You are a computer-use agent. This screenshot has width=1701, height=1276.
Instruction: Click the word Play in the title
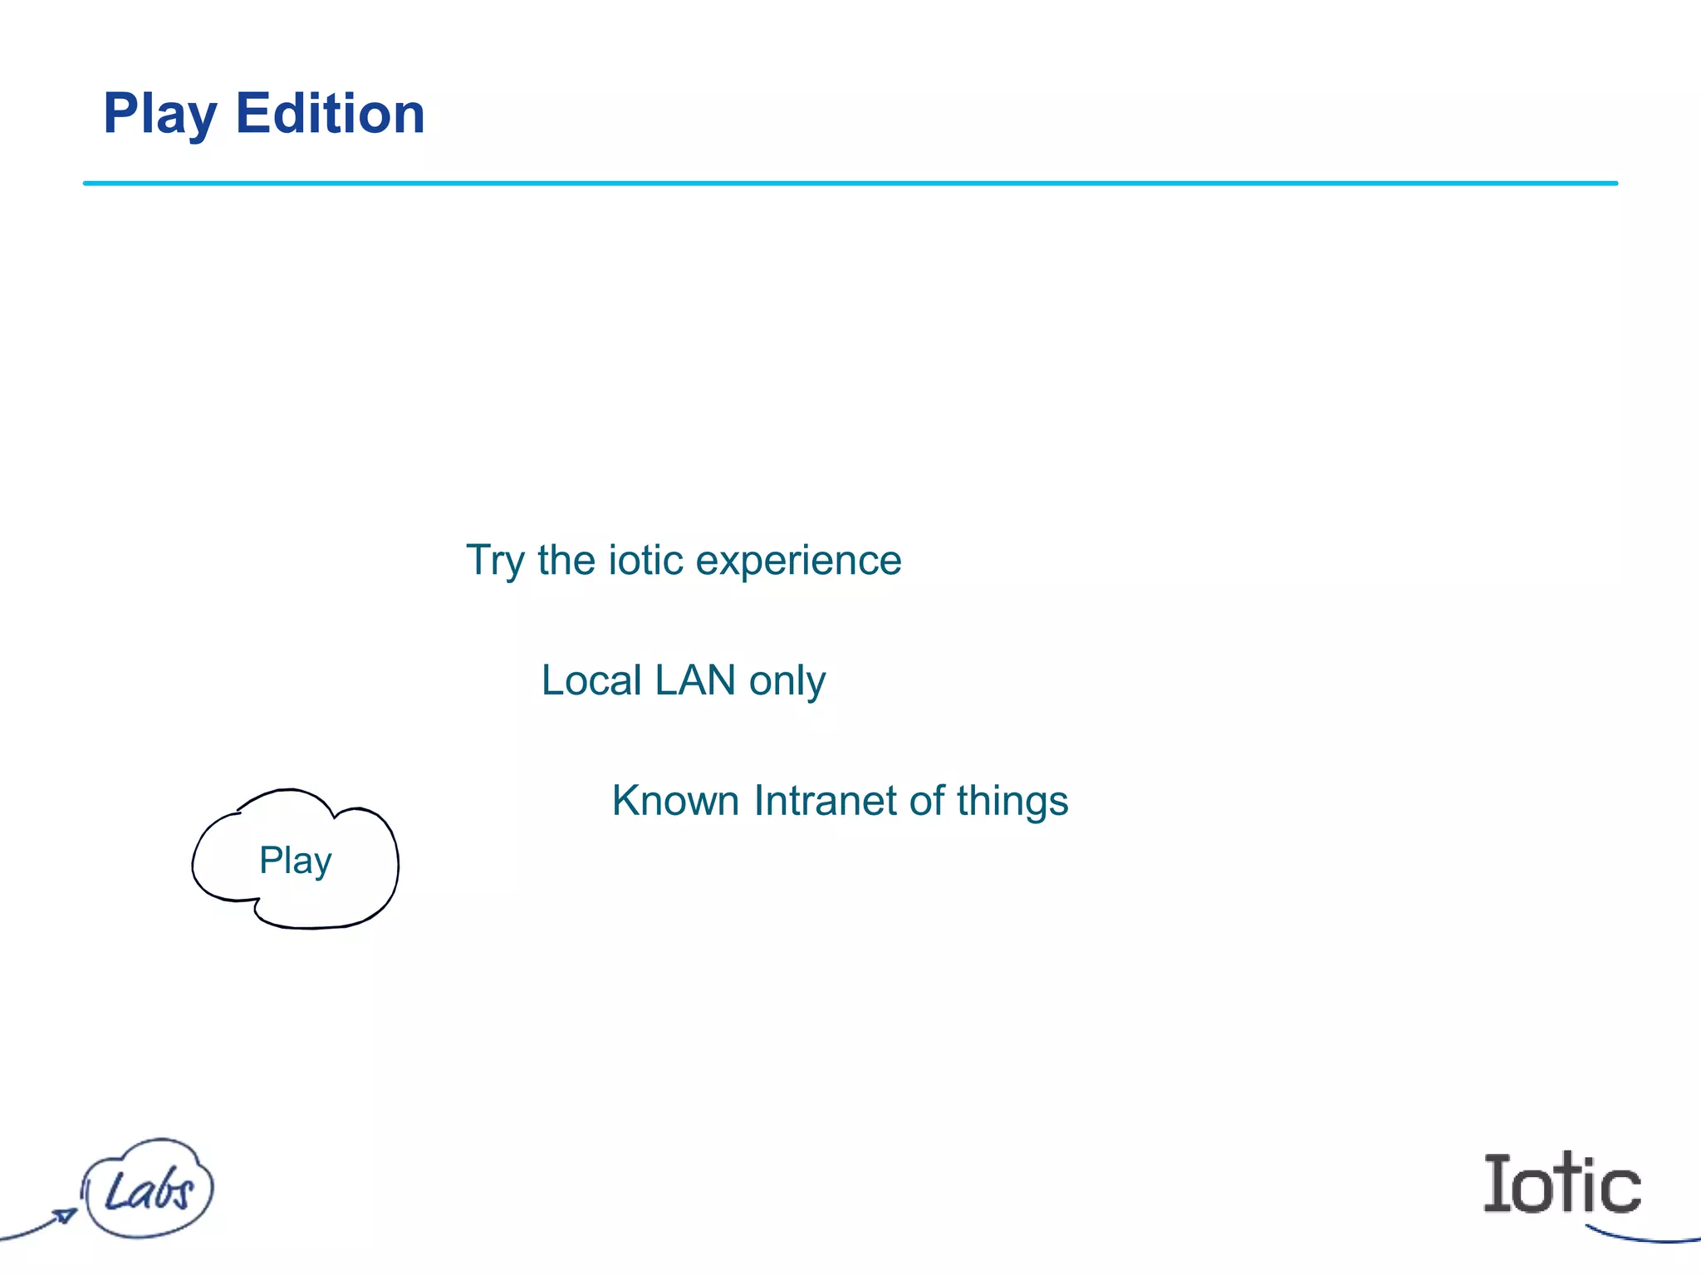pos(160,114)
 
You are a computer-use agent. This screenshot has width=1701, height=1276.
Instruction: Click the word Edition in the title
pos(330,114)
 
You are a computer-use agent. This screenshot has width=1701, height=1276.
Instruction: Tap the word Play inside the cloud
pos(295,861)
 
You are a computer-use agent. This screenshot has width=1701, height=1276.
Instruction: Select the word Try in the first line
pos(495,561)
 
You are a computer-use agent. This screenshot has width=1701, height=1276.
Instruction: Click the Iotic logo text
pos(1561,1184)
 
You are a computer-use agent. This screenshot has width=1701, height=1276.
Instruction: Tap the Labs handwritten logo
pos(149,1190)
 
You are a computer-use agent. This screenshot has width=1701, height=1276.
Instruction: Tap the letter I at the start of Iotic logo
pos(1498,1184)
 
